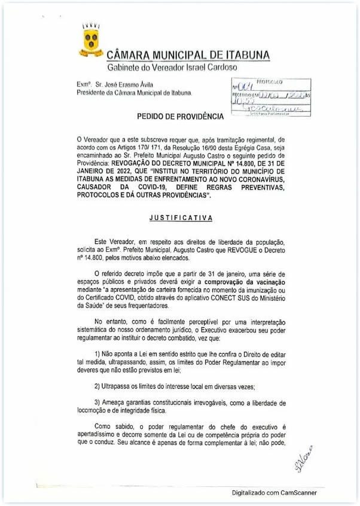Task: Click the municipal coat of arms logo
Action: (x=90, y=41)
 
